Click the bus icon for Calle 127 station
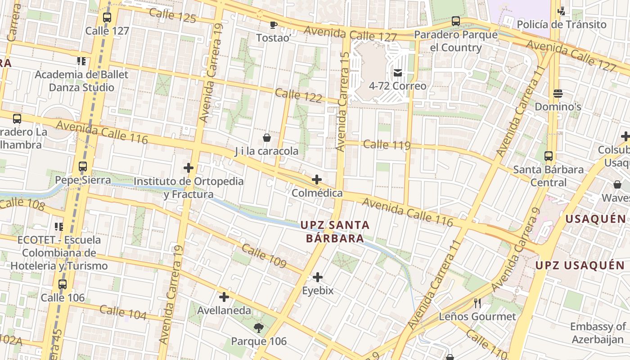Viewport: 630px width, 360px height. (107, 18)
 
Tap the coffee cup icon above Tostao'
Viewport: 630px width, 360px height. (273, 25)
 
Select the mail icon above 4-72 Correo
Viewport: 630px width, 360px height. (398, 72)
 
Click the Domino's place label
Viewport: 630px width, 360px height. (558, 107)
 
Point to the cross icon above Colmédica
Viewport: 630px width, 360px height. (317, 180)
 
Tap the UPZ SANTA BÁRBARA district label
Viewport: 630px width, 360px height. (335, 231)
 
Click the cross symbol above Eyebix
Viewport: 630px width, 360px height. (318, 277)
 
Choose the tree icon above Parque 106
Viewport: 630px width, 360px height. (259, 328)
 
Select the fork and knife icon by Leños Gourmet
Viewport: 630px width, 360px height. (477, 303)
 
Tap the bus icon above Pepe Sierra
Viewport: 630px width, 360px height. (83, 166)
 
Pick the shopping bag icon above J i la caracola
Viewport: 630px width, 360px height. (267, 137)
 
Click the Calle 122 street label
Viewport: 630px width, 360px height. (298, 95)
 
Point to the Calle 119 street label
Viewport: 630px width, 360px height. (387, 144)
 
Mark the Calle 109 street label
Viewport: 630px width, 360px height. (264, 256)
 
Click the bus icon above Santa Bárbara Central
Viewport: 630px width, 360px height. (549, 156)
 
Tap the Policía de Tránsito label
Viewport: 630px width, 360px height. (562, 24)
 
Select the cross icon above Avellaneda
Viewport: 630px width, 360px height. (224, 297)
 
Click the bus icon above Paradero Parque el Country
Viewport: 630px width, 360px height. (456, 21)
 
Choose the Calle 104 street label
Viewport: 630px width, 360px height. (123, 312)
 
